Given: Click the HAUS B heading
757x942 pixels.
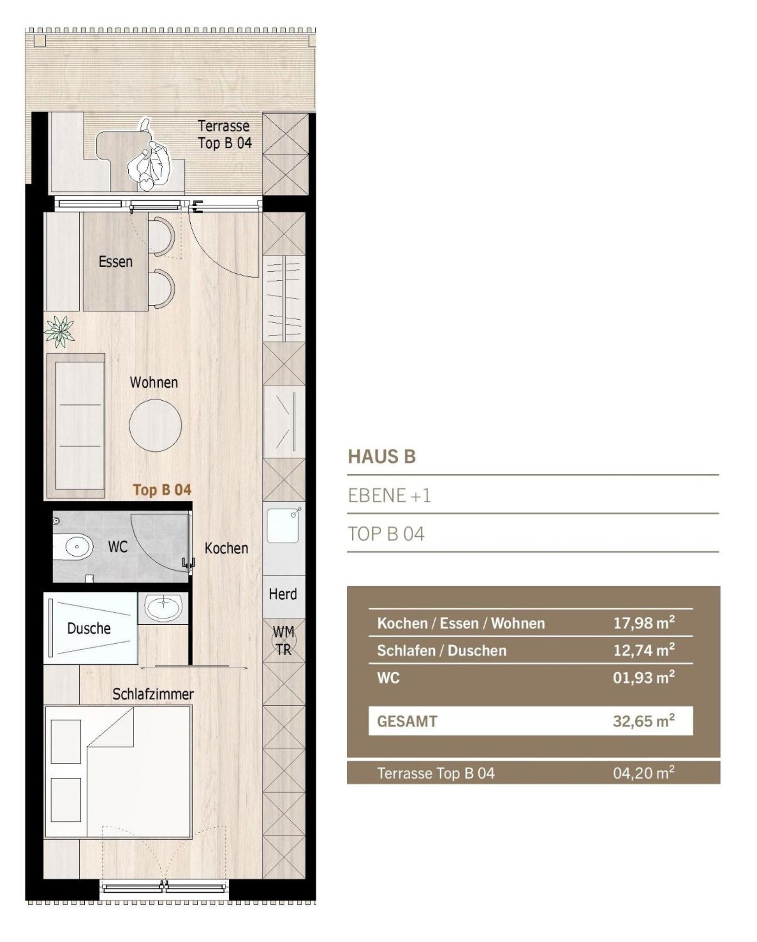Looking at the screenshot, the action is point(382,457).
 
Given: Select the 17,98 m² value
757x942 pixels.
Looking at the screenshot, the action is point(644,622).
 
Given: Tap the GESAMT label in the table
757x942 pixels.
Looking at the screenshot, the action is point(407,721).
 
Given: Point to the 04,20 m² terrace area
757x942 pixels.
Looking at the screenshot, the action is point(644,772).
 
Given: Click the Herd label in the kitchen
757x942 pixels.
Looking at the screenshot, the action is point(283,594).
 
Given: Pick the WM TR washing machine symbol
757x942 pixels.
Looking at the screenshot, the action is point(283,641).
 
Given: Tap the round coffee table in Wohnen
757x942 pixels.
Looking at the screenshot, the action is point(155,425).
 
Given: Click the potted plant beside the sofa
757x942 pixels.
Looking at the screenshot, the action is point(59,331).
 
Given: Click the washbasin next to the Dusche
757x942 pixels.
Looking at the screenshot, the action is point(163,608).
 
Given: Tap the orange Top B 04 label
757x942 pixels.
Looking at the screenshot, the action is point(162,490).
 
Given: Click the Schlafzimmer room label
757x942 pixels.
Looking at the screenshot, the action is point(153,694).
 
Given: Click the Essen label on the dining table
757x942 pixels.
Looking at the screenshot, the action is point(115,262).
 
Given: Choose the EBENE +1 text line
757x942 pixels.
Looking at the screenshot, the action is point(389,496).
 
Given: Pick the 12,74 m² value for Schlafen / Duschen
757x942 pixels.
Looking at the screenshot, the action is point(644,650).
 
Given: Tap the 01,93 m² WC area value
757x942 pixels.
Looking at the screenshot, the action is point(644,677).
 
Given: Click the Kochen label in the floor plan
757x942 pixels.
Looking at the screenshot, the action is point(226,548).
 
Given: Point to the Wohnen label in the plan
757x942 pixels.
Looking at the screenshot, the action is point(154,382).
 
